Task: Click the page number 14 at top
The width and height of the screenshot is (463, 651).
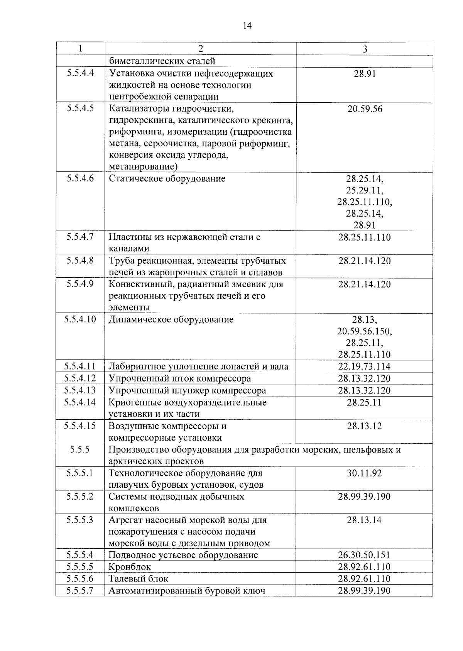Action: [x=247, y=26]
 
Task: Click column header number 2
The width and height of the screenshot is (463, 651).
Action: [x=200, y=49]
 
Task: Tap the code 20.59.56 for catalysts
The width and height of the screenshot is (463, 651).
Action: [x=365, y=109]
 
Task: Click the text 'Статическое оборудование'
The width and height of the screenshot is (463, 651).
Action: [x=167, y=179]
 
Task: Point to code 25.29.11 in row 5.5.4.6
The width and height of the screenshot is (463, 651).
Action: [x=365, y=190]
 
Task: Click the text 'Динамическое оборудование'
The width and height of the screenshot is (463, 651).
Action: [x=171, y=320]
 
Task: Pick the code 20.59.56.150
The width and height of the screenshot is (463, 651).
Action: [x=365, y=331]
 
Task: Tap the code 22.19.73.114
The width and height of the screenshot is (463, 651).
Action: [x=365, y=366]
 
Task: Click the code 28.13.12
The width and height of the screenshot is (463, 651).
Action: [x=365, y=426]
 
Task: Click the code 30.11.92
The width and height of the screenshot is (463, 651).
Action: [x=365, y=473]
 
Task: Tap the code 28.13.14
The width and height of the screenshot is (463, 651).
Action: [x=365, y=520]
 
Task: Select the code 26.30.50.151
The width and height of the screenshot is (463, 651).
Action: [x=365, y=555]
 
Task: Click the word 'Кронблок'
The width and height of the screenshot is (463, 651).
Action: [x=130, y=567]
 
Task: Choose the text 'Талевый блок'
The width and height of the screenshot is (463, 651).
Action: [x=139, y=579]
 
